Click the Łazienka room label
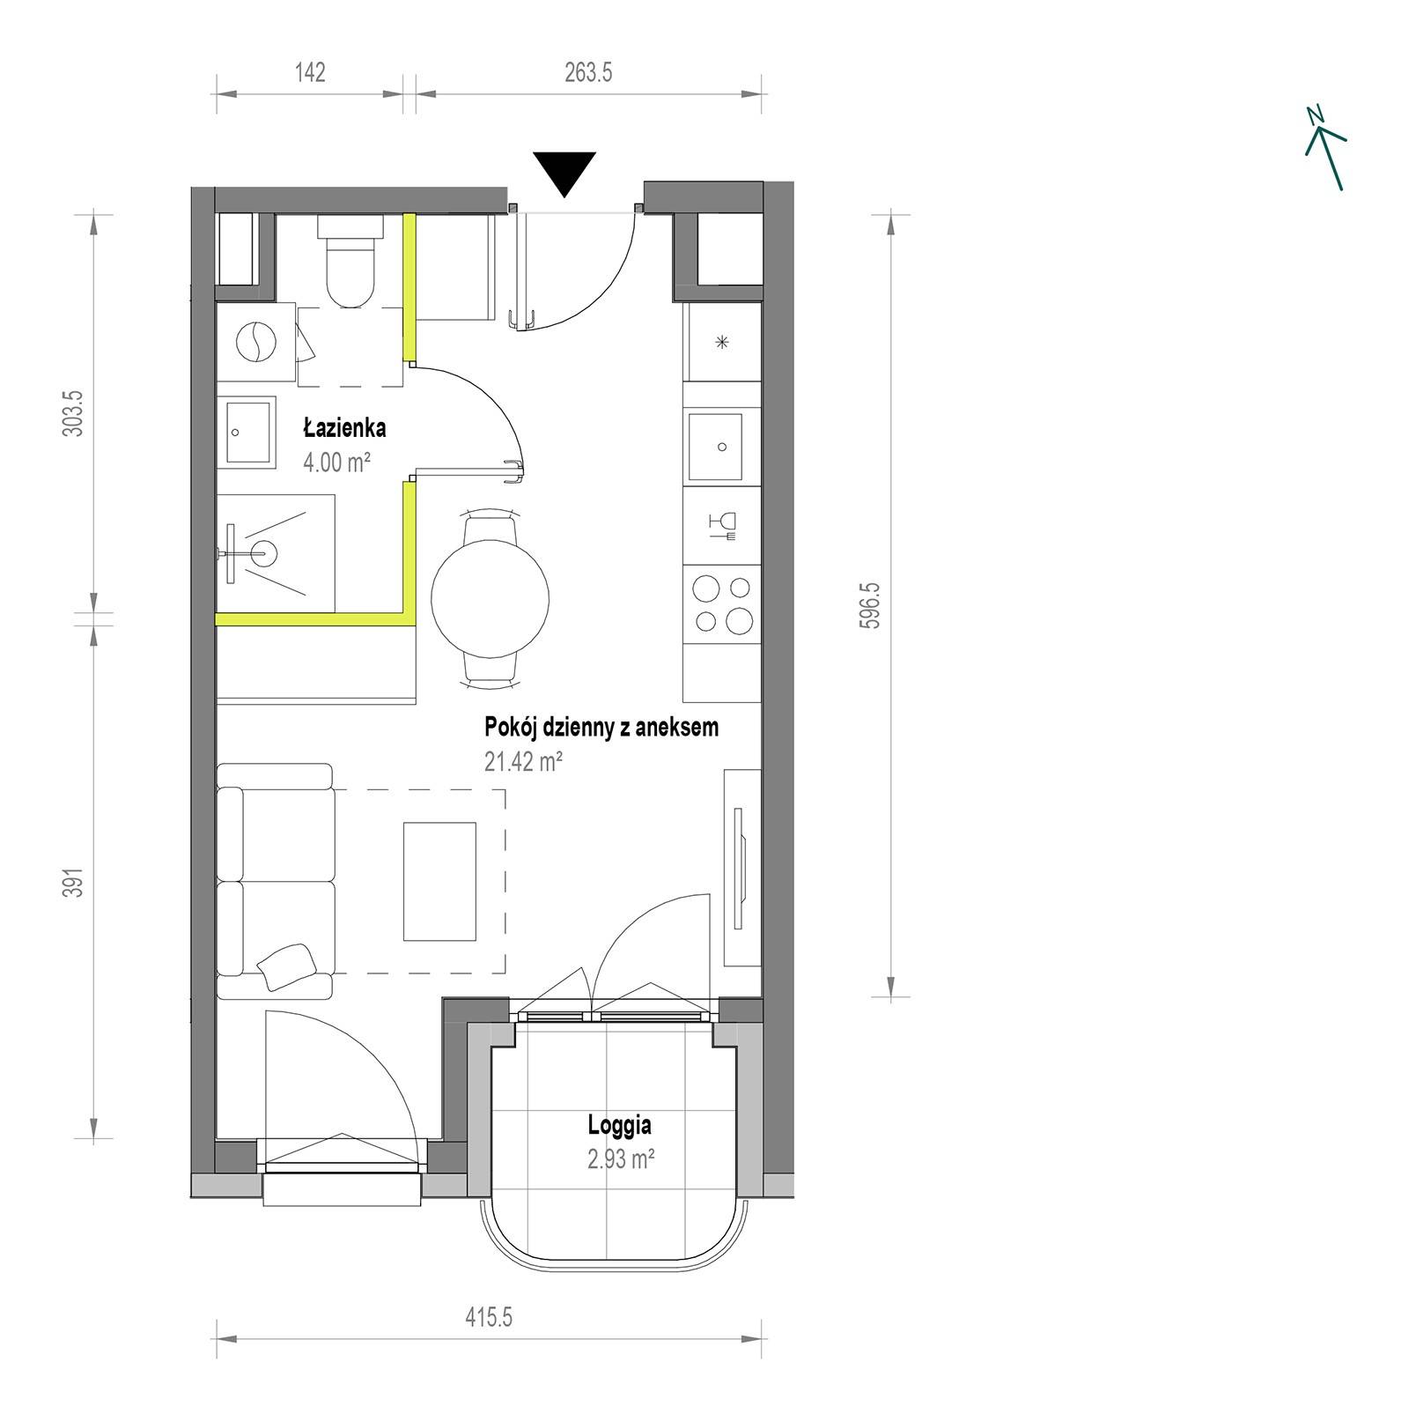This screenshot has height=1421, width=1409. tap(344, 429)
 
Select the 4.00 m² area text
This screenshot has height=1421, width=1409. tap(336, 462)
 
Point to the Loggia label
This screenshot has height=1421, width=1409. tap(620, 1126)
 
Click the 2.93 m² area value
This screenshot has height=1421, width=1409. tap(620, 1158)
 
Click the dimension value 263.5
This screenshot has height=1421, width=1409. tap(588, 72)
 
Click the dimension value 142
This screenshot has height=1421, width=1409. tap(310, 72)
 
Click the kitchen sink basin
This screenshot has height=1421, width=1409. tap(723, 448)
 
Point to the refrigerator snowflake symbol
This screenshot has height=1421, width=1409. tap(722, 343)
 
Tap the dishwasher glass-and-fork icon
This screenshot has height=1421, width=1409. tap(722, 526)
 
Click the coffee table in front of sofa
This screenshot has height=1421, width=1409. tap(439, 881)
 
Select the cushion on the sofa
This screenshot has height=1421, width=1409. tap(285, 966)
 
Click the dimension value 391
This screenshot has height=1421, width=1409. tap(77, 882)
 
